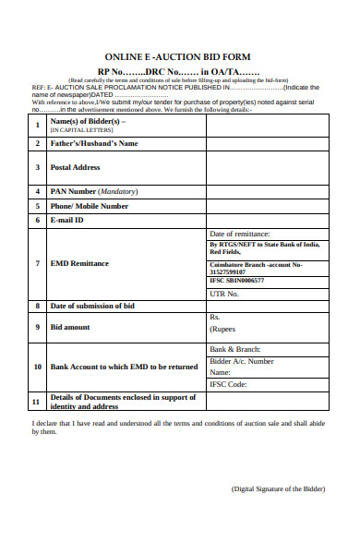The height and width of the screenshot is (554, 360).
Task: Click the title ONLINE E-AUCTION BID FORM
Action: coord(177,56)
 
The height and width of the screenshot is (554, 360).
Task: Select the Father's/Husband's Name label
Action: coord(93,144)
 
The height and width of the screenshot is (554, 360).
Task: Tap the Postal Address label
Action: coord(75,167)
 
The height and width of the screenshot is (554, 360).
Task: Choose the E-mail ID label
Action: coord(66,221)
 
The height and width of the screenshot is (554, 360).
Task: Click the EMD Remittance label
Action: coord(79,263)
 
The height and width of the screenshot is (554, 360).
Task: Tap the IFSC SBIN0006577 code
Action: coord(237,280)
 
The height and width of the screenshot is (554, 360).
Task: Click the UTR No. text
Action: coord(224,294)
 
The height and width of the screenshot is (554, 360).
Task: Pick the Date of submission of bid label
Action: coord(92,306)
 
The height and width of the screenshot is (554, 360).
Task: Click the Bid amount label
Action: coord(70,327)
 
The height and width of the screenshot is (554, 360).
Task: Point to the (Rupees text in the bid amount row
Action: coord(223,329)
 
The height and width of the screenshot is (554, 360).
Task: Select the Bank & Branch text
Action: coord(238,350)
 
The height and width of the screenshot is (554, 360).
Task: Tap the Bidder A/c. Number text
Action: coord(242,361)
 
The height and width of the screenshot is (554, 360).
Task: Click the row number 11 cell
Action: coord(36,402)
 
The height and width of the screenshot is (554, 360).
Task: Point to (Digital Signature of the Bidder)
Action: coord(276,488)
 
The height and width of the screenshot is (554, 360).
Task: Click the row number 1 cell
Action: coord(36,125)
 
